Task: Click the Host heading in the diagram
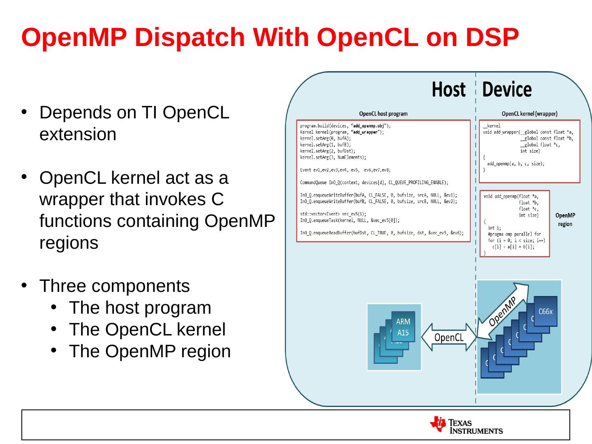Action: (449, 90)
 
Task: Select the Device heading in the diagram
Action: (506, 90)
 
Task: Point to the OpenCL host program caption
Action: (383, 114)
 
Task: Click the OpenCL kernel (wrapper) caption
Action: (530, 114)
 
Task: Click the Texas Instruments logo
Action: (466, 425)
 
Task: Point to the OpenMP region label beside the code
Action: (565, 220)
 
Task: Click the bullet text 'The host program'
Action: (140, 308)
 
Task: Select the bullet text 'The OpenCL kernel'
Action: (147, 329)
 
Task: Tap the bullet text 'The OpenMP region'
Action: (150, 351)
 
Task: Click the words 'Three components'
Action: (114, 286)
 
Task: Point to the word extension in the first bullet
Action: (78, 134)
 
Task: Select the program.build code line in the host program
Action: (345, 125)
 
